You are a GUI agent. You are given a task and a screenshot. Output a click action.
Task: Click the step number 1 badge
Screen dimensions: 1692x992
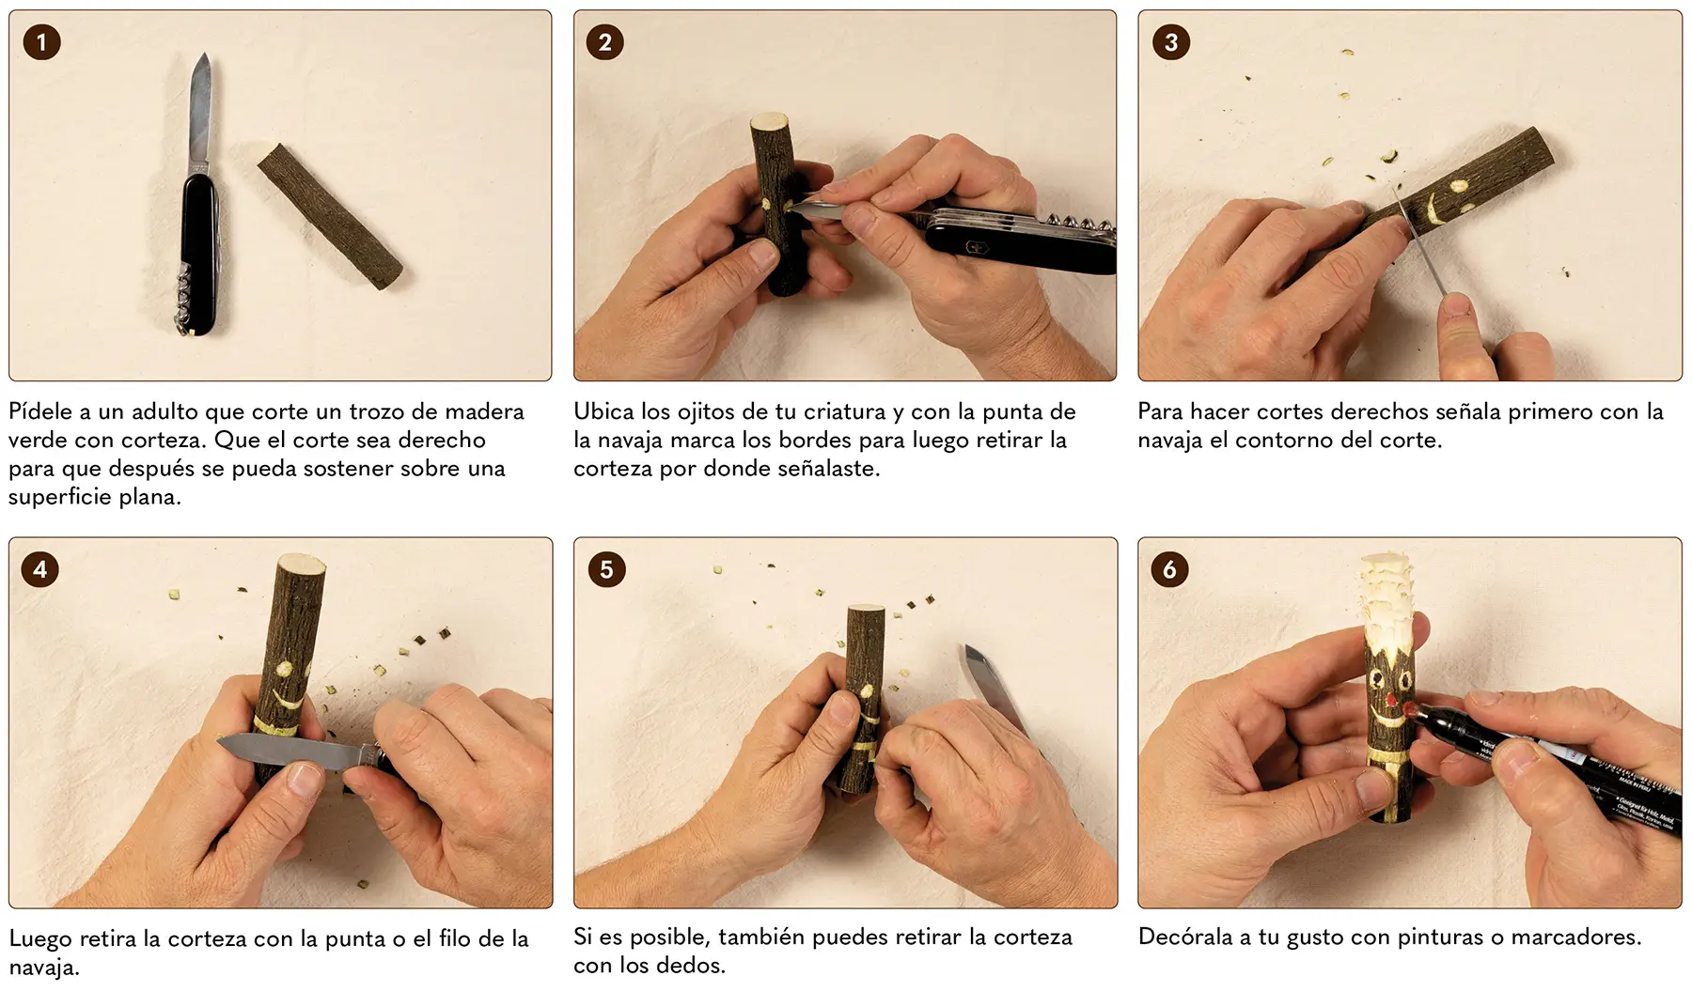point(41,42)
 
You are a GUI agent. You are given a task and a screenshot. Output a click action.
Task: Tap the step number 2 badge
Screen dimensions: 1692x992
point(605,42)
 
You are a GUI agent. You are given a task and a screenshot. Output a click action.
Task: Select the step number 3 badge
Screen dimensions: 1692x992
point(1171,42)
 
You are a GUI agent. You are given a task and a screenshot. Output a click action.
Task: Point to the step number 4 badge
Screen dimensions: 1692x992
point(40,569)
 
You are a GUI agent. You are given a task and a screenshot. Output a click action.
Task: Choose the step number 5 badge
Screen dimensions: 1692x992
point(606,569)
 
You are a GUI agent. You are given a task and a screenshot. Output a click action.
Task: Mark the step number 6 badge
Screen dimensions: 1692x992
point(1170,569)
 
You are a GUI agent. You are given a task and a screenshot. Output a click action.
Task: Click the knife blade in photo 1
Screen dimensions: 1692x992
point(200,111)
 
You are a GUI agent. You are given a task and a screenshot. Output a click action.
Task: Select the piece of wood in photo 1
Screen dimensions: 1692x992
point(330,215)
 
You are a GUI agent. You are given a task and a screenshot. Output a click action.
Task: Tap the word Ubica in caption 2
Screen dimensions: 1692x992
point(604,412)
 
